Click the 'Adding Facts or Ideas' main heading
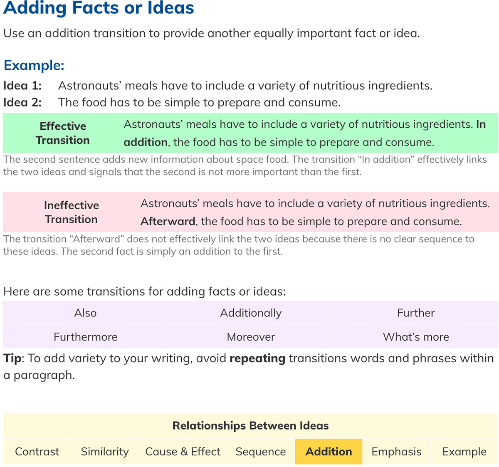[x=99, y=8]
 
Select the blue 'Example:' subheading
[x=34, y=65]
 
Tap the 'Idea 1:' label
[x=22, y=86]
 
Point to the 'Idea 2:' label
[x=22, y=103]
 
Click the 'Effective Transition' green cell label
[x=63, y=133]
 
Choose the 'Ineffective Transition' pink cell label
[x=72, y=212]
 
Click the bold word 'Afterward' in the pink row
[x=168, y=221]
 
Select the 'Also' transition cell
[x=85, y=313]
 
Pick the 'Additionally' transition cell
[x=251, y=313]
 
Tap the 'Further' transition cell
[x=416, y=313]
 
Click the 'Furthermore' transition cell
[x=85, y=337]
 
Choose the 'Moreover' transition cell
[x=251, y=337]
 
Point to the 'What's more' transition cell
[x=416, y=337]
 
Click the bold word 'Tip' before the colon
[x=12, y=358]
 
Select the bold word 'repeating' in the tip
[x=257, y=358]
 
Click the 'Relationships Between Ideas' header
[x=250, y=426]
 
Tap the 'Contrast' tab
[x=37, y=452]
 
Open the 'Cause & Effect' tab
[x=183, y=452]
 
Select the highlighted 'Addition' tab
[x=329, y=452]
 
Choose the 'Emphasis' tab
[x=396, y=452]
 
